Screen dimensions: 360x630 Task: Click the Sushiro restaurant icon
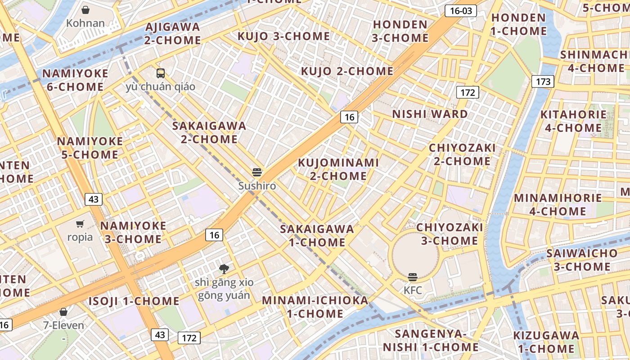pyautogui.click(x=257, y=172)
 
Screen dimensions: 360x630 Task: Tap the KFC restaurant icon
pyautogui.click(x=413, y=277)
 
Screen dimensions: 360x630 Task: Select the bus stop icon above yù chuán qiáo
pyautogui.click(x=161, y=73)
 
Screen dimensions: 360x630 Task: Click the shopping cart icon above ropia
pyautogui.click(x=80, y=224)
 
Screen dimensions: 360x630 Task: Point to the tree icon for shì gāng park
pyautogui.click(x=224, y=269)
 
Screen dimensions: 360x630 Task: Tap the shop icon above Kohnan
pyautogui.click(x=85, y=10)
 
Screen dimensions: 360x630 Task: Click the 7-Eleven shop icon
pyautogui.click(x=63, y=311)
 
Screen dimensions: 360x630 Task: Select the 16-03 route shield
pyautogui.click(x=461, y=11)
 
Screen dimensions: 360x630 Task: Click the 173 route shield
pyautogui.click(x=543, y=81)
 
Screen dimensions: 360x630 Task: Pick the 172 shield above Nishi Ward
pyautogui.click(x=468, y=93)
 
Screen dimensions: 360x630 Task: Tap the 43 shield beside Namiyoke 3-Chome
pyautogui.click(x=94, y=199)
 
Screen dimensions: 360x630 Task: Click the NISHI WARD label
pyautogui.click(x=430, y=114)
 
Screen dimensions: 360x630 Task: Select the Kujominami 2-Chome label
pyautogui.click(x=338, y=169)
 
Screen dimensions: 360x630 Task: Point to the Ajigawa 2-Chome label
pyautogui.click(x=173, y=33)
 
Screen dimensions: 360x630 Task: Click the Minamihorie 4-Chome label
pyautogui.click(x=558, y=204)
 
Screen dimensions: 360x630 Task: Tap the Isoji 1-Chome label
pyautogui.click(x=134, y=301)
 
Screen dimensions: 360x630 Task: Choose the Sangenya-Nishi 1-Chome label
pyautogui.click(x=431, y=340)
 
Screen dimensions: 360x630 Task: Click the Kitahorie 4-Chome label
pyautogui.click(x=573, y=121)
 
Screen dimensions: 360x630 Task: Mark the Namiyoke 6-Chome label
pyautogui.click(x=75, y=80)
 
